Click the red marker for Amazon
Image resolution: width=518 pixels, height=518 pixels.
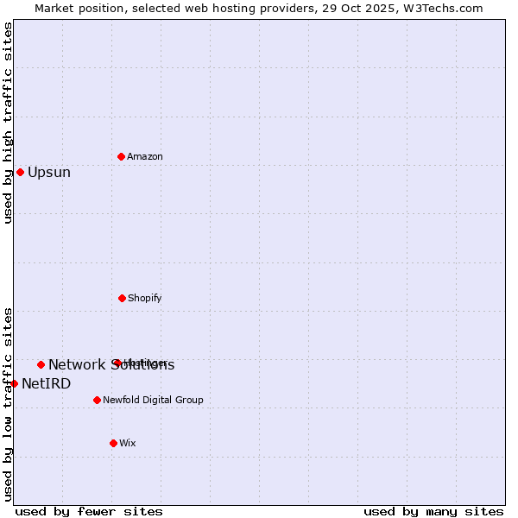(x=121, y=156)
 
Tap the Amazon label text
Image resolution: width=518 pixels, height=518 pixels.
(x=145, y=157)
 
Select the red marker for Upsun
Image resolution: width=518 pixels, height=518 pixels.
(x=20, y=172)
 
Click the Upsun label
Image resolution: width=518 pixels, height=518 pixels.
(x=49, y=173)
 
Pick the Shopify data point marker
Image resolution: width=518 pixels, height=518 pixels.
(x=122, y=298)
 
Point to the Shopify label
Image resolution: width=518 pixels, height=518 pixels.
(x=145, y=299)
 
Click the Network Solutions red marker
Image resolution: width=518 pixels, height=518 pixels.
(x=41, y=364)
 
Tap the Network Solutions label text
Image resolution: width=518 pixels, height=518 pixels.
(x=111, y=365)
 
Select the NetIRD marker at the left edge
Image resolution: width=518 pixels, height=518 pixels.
(x=14, y=383)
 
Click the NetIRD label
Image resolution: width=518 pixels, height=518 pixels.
(x=47, y=384)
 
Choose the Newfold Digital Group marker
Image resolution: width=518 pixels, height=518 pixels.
(x=97, y=400)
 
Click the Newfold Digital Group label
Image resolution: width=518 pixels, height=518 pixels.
(x=154, y=401)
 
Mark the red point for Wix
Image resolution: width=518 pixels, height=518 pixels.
(x=113, y=443)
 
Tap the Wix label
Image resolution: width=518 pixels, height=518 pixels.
(x=128, y=444)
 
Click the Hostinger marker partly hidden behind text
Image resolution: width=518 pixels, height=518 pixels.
(x=117, y=363)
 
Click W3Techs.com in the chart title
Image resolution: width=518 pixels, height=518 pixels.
(x=447, y=8)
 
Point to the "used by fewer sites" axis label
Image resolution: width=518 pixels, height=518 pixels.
(x=89, y=511)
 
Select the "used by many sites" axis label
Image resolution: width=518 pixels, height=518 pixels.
(x=433, y=511)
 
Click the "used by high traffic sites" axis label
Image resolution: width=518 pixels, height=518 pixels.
(x=8, y=123)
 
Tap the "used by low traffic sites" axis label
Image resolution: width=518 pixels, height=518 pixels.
(x=8, y=404)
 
